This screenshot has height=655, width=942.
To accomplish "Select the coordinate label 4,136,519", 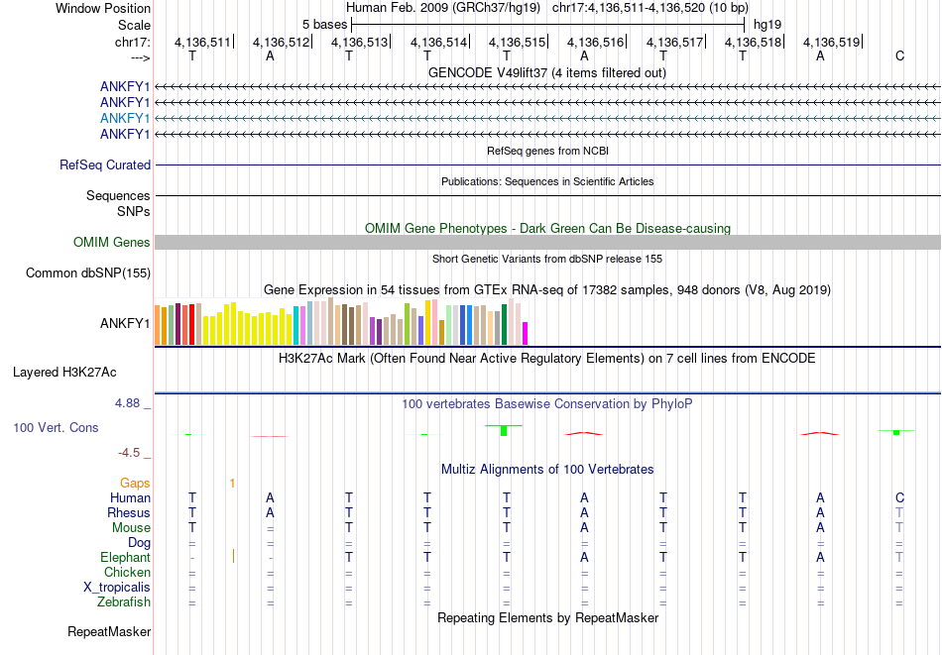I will click(x=831, y=42).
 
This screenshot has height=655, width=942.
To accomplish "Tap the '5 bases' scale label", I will click(x=324, y=23).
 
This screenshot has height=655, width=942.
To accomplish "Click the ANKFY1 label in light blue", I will click(x=125, y=118).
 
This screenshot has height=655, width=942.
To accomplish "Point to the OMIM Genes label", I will click(x=112, y=242).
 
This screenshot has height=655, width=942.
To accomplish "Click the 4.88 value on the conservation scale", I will click(x=129, y=403).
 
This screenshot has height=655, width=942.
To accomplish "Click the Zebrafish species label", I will click(x=124, y=601).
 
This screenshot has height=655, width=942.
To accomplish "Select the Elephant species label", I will click(x=125, y=557).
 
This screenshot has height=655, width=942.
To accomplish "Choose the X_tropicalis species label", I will click(x=117, y=587).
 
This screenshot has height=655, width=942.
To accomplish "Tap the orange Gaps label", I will click(x=136, y=483).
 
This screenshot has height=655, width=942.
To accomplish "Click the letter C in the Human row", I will click(x=899, y=497).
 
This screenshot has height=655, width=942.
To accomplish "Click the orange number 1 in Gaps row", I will click(x=232, y=483).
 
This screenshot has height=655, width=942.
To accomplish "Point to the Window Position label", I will click(x=103, y=8).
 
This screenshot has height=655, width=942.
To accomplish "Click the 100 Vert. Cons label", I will click(x=56, y=428).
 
